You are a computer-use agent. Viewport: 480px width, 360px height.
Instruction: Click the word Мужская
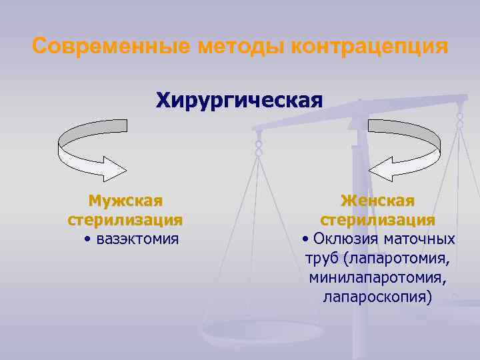tap(125, 201)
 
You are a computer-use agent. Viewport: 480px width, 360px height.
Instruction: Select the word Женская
tap(378, 201)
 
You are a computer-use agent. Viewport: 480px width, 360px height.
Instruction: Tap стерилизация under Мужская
tap(125, 219)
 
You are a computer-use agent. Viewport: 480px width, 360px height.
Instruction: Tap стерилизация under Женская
tap(378, 219)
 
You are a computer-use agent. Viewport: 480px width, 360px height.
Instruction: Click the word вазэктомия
tap(137, 239)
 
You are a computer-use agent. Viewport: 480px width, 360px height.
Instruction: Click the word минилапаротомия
tap(378, 277)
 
